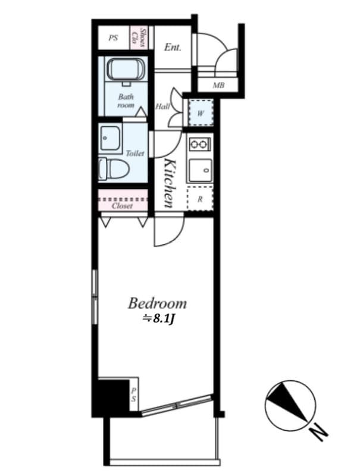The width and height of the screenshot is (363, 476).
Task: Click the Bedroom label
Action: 157,303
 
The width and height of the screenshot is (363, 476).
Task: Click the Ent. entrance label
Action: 173,47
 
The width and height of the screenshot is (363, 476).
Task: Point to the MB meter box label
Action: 218,86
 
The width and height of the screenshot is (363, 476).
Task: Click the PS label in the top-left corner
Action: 114,38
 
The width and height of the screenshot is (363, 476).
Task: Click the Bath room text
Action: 126,101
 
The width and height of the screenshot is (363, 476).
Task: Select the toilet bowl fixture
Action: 113,168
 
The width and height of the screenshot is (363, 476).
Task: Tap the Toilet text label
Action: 134,153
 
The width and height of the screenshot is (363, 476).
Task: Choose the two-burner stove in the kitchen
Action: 199,143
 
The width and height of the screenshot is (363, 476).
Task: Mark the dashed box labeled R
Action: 199,199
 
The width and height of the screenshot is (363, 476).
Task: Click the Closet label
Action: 122,206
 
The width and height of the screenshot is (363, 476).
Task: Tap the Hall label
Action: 162,107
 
